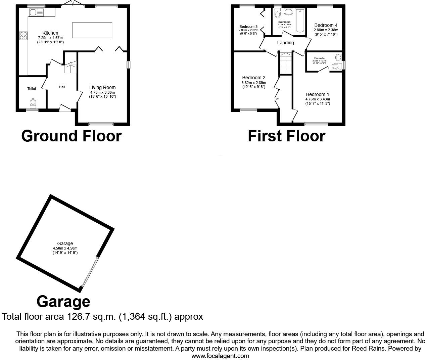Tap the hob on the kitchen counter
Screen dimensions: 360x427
click(x=23, y=36)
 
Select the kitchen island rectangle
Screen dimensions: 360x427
click(x=92, y=30)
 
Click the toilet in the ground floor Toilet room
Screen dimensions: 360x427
click(x=33, y=102)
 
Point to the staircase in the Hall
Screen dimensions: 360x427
click(x=70, y=67)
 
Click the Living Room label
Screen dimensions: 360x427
click(x=102, y=87)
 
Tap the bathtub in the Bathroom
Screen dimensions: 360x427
click(x=299, y=21)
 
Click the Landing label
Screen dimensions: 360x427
click(x=285, y=43)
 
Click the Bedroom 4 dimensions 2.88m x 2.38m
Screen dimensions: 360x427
click(x=326, y=30)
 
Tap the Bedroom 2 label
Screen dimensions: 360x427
click(x=253, y=78)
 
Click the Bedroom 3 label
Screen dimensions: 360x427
click(x=248, y=27)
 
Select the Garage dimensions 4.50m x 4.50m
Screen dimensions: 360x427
click(x=65, y=248)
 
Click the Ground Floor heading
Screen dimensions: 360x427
click(x=71, y=136)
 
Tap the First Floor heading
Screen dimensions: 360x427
click(x=286, y=136)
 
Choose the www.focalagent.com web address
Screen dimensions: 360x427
click(x=220, y=356)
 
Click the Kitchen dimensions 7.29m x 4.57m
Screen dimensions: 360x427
click(x=50, y=38)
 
